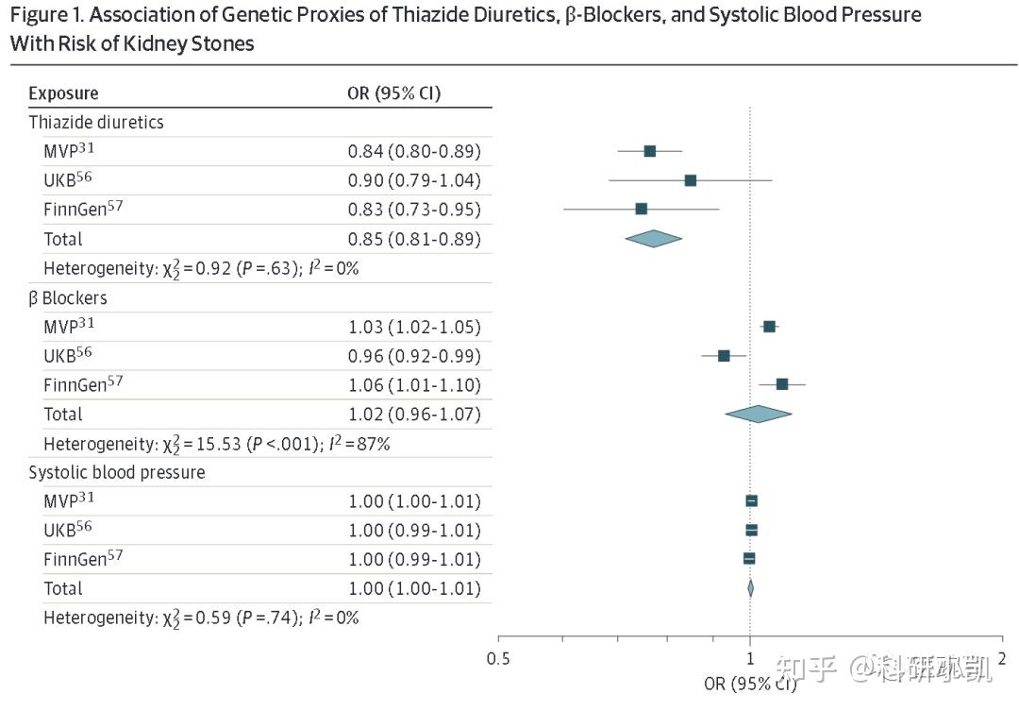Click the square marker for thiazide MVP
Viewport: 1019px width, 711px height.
point(649,151)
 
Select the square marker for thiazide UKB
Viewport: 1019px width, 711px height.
point(690,180)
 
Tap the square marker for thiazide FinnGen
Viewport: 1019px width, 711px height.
point(642,209)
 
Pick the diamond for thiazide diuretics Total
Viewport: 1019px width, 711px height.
point(653,239)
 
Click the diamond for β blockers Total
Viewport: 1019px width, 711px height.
point(758,414)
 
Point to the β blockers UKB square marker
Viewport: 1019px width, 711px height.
point(724,356)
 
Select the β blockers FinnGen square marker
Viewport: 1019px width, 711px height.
point(781,384)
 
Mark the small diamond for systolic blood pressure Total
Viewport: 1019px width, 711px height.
point(751,588)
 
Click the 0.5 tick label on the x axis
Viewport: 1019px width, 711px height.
point(498,658)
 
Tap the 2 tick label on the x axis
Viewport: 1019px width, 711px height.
point(1002,658)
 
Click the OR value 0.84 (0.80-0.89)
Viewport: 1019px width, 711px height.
point(414,151)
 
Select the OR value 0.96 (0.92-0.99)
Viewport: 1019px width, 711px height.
point(414,356)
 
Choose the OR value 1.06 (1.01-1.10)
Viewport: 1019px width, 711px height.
point(414,384)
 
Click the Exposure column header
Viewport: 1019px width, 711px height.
point(63,93)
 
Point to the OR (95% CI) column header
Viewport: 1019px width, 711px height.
point(394,93)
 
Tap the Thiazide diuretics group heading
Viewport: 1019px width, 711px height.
point(96,123)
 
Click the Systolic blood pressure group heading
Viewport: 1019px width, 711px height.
point(116,472)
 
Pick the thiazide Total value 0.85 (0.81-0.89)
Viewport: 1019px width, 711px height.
point(414,239)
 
